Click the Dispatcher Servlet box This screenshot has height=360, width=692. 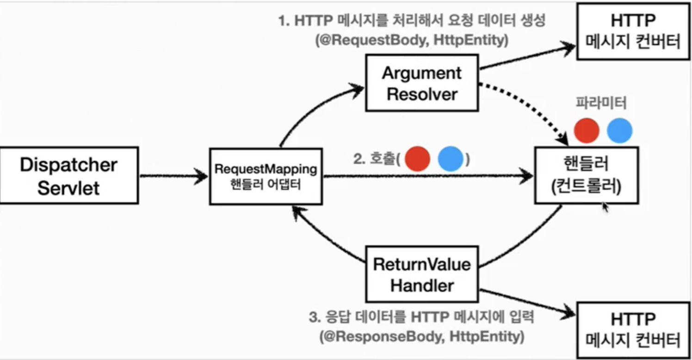(x=69, y=175)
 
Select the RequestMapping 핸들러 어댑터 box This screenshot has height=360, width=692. (x=266, y=176)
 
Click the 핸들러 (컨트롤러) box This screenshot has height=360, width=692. (x=586, y=175)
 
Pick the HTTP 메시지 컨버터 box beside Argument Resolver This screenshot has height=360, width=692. (x=632, y=31)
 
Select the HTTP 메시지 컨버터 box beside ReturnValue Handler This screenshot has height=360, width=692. (x=632, y=330)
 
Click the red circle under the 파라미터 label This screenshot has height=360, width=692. (x=587, y=131)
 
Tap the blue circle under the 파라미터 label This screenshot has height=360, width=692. (x=619, y=131)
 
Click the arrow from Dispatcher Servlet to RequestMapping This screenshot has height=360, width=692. (x=173, y=176)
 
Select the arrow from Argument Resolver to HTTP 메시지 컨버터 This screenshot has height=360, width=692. (x=527, y=56)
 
